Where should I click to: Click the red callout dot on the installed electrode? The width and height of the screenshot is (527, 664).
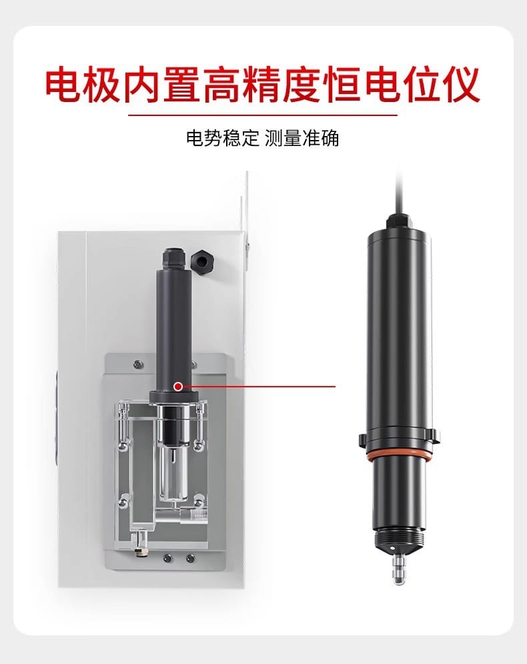(x=178, y=386)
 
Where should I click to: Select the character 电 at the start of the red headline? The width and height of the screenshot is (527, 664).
(x=63, y=84)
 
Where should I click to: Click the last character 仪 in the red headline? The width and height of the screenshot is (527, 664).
(x=461, y=84)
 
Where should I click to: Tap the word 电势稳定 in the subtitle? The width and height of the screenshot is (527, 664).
(x=222, y=138)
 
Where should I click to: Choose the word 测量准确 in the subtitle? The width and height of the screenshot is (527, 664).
(x=302, y=138)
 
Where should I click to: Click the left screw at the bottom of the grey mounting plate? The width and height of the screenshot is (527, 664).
(x=169, y=558)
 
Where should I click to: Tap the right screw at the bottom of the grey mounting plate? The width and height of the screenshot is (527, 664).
(x=190, y=558)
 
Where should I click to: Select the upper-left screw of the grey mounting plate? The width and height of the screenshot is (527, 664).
(x=137, y=364)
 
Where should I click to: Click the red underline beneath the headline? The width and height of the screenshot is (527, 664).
(x=263, y=115)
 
